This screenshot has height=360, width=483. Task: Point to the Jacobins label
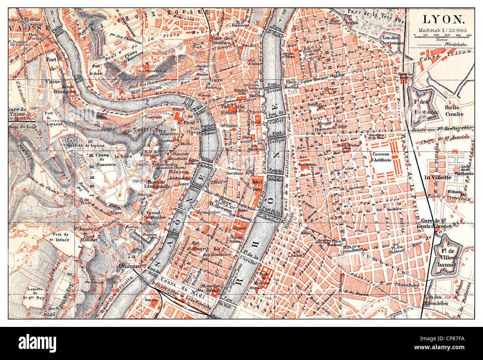click(x=235, y=173)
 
